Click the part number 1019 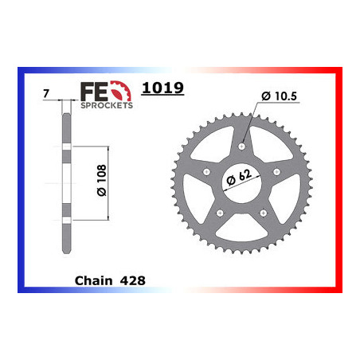(162, 88)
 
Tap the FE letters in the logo (94, 92)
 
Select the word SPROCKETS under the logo (107, 105)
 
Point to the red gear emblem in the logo (121, 91)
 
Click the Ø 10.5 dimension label (279, 96)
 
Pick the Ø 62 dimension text (239, 177)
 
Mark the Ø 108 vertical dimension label (102, 180)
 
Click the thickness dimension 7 (46, 93)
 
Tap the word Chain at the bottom (93, 280)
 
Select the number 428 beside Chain (133, 280)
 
